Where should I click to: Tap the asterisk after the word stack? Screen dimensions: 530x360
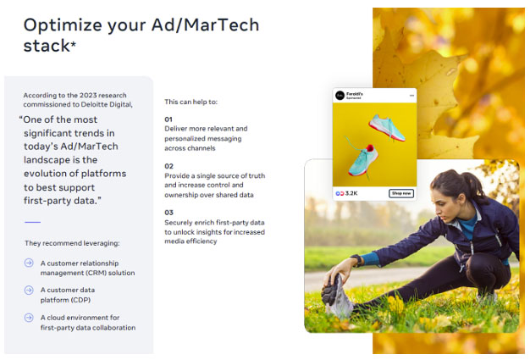[74, 43]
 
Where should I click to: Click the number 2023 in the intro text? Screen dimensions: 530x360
[89, 96]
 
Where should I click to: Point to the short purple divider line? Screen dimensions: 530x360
[32, 222]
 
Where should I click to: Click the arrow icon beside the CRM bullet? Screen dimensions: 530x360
[29, 263]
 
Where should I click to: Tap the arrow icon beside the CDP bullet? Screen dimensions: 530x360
[29, 290]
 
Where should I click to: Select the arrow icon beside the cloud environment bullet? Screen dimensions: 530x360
[29, 318]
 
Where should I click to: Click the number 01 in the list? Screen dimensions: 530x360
[168, 119]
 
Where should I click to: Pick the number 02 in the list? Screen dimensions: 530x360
[168, 166]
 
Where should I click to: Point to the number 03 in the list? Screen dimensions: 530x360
[168, 213]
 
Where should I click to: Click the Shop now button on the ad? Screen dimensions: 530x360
[401, 193]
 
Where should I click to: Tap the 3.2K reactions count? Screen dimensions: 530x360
[351, 193]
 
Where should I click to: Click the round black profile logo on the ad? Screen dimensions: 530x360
[340, 96]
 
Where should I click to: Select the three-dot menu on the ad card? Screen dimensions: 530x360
[411, 96]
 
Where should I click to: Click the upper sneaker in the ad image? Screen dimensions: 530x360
[387, 127]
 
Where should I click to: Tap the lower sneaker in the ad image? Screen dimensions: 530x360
[362, 160]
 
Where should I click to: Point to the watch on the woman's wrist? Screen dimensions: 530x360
[356, 260]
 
